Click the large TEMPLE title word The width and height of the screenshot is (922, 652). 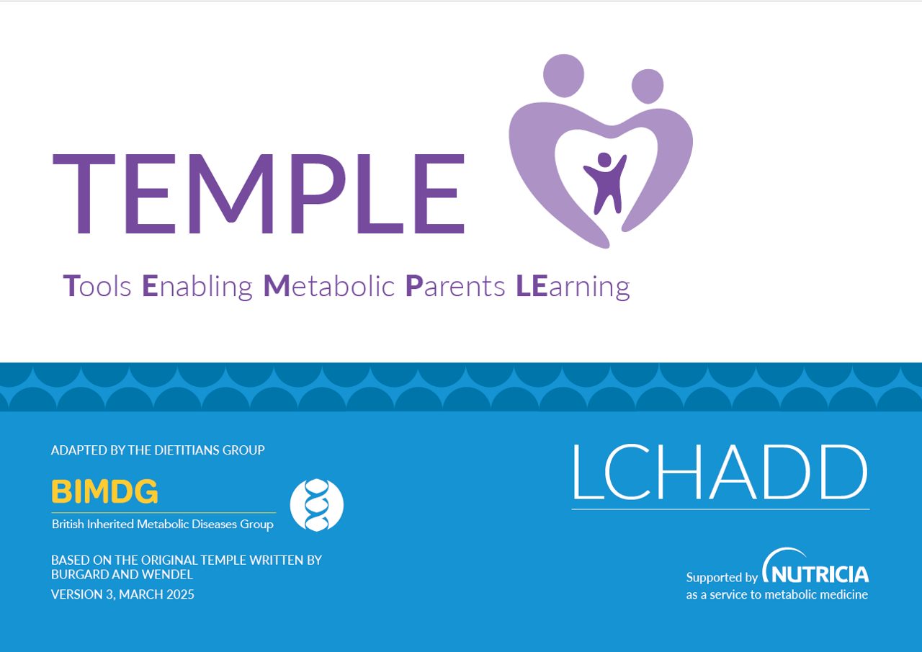tap(259, 194)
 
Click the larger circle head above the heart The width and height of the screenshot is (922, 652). tap(563, 76)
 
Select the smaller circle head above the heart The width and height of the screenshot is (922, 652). tap(648, 86)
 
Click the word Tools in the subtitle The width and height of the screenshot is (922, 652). tap(97, 286)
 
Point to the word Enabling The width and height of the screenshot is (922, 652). tap(197, 287)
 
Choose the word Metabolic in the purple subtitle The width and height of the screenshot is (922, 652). tap(329, 286)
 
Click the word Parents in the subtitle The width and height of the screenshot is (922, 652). tap(455, 287)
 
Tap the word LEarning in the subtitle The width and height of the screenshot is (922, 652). tap(573, 287)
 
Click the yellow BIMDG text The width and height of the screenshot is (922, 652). tap(104, 491)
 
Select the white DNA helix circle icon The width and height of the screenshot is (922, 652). tap(316, 505)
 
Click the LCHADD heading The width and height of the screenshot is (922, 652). tap(720, 472)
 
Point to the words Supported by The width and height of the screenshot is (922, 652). tap(722, 578)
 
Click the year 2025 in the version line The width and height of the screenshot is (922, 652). tap(180, 594)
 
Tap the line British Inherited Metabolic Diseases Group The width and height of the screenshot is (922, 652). tap(163, 524)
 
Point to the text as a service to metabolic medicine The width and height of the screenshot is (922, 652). tap(777, 595)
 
